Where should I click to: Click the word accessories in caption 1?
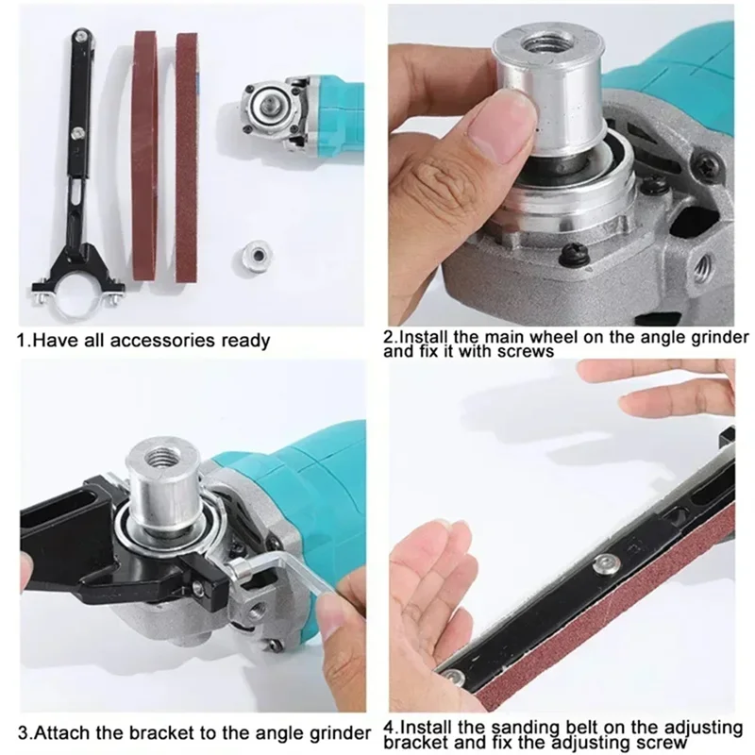[x=152, y=340]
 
